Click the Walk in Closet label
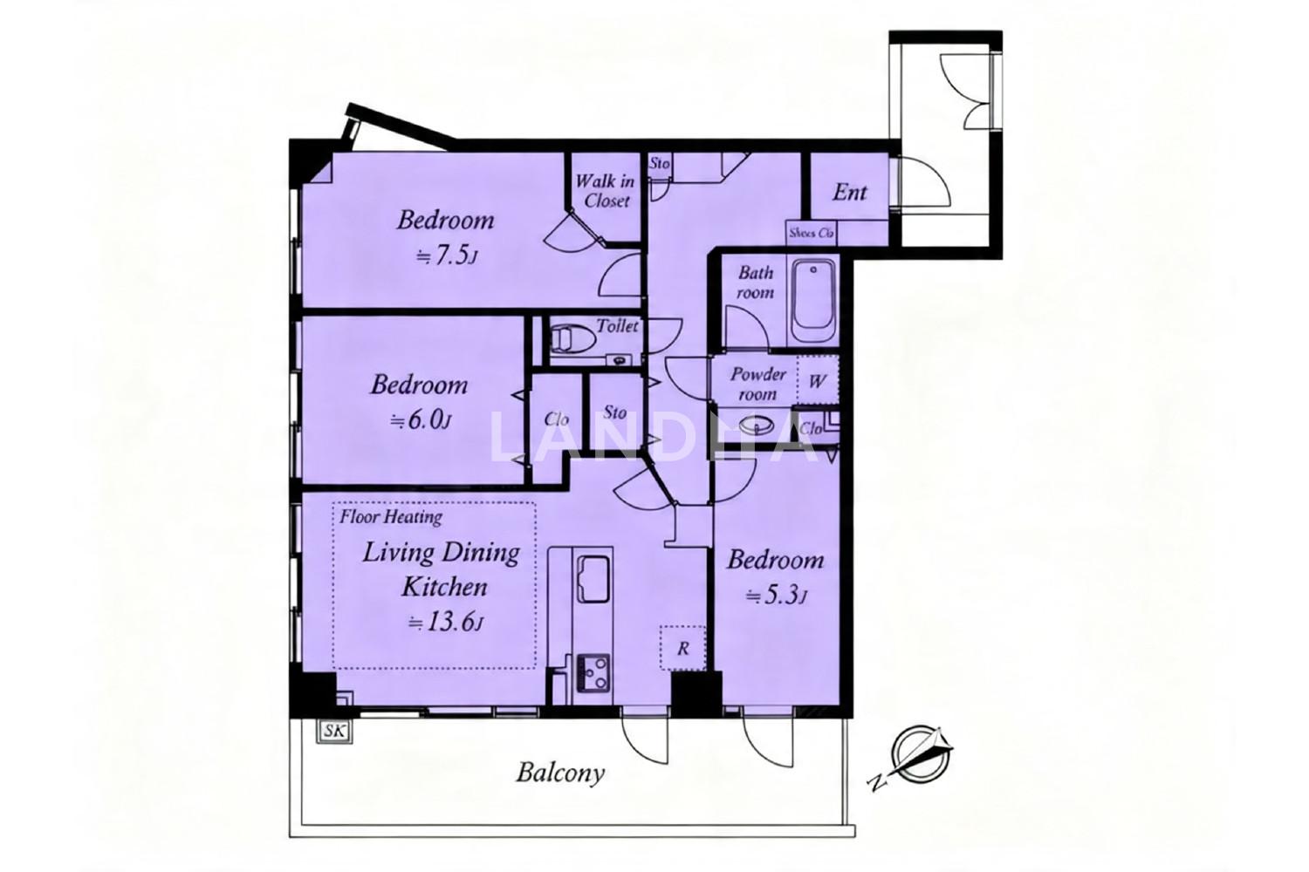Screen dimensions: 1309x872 [x=605, y=191]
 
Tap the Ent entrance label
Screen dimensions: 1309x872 [x=849, y=192]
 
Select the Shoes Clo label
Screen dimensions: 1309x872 [x=811, y=233]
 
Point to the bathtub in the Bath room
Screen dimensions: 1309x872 [x=812, y=302]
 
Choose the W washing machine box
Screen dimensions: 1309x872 [x=818, y=380]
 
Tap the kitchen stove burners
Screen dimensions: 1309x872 [x=593, y=673]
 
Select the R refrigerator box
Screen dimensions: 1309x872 [x=682, y=648]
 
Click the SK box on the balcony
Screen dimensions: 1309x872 [x=335, y=732]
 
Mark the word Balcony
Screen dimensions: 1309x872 [x=560, y=773]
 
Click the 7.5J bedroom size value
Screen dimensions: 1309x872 [x=447, y=256]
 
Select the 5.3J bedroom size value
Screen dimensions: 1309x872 [x=777, y=596]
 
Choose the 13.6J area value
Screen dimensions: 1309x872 [x=446, y=623]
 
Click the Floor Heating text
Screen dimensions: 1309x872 [x=391, y=517]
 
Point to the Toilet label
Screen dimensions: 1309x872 [x=616, y=325]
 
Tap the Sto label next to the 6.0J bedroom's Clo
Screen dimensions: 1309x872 [x=614, y=412]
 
